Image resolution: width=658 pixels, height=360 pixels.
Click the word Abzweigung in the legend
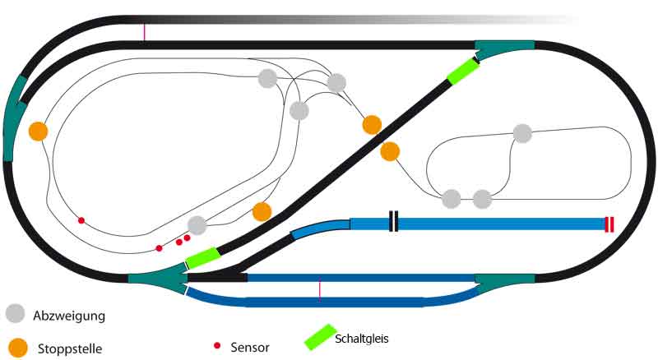click(69, 316)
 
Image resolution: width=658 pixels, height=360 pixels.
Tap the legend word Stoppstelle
click(70, 348)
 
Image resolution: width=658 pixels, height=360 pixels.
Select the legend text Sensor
click(250, 348)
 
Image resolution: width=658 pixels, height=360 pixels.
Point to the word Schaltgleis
click(362, 338)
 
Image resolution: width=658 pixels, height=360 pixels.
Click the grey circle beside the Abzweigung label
click(16, 313)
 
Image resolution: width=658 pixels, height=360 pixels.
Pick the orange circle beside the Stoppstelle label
click(16, 347)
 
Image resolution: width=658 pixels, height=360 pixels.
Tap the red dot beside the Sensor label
click(217, 346)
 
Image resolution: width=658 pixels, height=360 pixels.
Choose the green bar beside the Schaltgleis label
click(317, 337)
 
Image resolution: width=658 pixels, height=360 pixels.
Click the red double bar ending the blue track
click(609, 224)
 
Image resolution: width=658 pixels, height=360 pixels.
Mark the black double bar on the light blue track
click(394, 222)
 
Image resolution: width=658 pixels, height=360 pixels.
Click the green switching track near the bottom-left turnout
click(202, 258)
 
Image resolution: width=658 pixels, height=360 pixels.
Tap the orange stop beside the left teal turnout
click(38, 131)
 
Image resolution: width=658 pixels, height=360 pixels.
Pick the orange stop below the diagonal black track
click(390, 151)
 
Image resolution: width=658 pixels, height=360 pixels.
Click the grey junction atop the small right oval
click(522, 132)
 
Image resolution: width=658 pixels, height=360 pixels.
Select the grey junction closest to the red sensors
click(197, 225)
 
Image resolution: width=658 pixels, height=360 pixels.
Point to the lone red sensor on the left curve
click(81, 220)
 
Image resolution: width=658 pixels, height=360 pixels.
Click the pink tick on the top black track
click(145, 32)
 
